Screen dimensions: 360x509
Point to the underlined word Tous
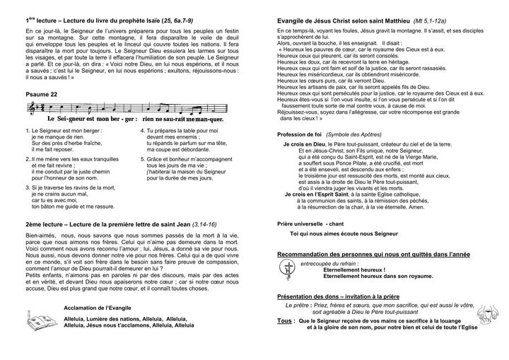[x=286, y=320]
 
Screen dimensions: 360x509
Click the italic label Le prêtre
[x=298, y=305]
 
